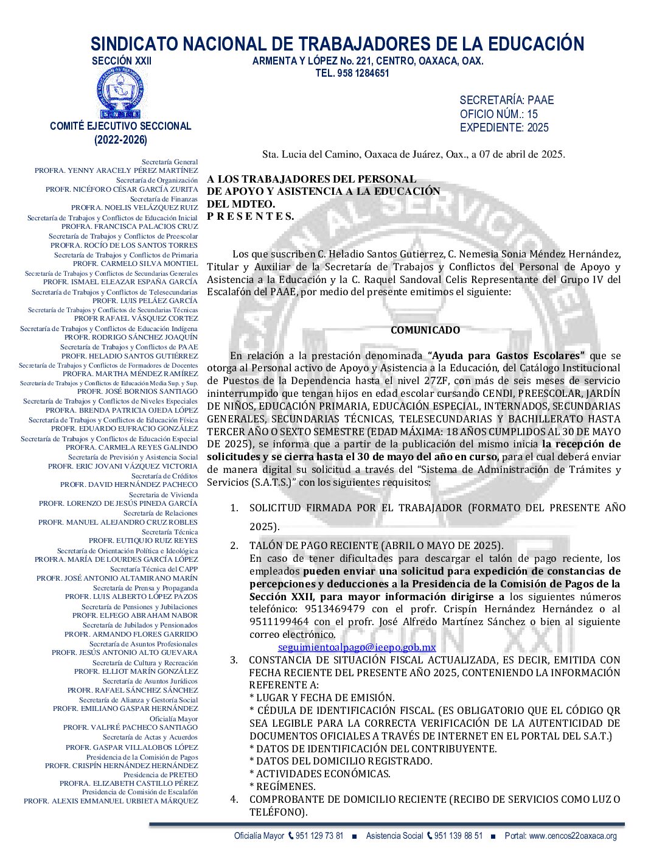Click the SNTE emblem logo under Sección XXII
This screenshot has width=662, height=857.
pos(120,93)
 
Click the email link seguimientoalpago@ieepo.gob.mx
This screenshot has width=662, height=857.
pos(357,648)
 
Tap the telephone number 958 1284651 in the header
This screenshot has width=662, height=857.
pos(363,73)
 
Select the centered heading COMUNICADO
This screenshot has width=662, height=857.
pos(425,330)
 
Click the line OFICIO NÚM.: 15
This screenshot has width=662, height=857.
pos(498,114)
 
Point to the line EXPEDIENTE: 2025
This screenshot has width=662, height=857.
pos(504,127)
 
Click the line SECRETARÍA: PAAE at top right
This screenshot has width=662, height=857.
pos(506,100)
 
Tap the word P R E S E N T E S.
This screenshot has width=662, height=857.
pos(250,216)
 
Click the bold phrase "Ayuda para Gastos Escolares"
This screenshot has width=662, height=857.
pos(506,355)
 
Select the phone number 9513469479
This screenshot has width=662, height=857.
pos(335,609)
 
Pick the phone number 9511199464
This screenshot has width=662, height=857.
pos(279,621)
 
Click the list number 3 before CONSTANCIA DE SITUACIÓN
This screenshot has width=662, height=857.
pos(234,660)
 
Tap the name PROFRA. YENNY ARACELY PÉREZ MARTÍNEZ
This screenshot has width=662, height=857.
pos(116,170)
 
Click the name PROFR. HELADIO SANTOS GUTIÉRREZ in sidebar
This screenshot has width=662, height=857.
pos(130,356)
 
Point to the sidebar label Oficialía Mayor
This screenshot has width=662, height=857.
pos(173,719)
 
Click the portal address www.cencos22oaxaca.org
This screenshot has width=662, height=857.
pos(573,836)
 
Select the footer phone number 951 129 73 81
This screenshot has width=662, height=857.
pos(319,836)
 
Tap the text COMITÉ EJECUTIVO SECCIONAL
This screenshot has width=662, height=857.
pos(120,126)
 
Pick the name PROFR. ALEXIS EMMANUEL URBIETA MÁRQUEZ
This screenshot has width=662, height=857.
pos(111,801)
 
